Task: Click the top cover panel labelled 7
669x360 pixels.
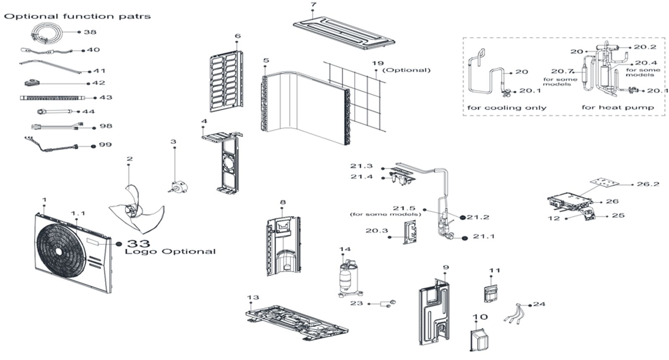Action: coord(344,32)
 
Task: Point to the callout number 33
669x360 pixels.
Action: coord(138,243)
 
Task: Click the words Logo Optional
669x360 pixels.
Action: coord(170,252)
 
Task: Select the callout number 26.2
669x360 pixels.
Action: coord(648,184)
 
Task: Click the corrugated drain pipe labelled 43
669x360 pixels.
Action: coord(52,98)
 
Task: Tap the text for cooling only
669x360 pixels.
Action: coord(506,108)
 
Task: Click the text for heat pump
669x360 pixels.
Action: coord(617,108)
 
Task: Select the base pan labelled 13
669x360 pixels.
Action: coord(296,321)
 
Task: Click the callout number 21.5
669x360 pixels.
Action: coord(403,208)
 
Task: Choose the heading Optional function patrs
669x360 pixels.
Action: coord(77,17)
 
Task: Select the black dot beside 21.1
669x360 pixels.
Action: coord(464,238)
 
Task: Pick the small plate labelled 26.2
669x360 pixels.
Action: coord(602,183)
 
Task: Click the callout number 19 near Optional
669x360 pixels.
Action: coord(377,63)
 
